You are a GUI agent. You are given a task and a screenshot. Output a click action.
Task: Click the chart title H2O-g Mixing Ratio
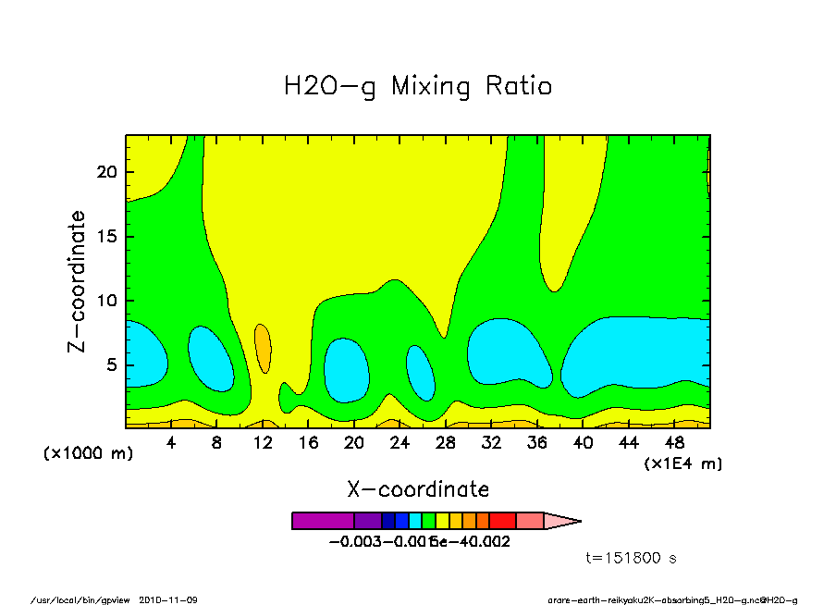(418, 87)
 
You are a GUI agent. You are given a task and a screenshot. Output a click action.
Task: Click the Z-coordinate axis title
(77, 281)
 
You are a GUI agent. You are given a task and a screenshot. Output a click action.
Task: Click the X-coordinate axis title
(418, 489)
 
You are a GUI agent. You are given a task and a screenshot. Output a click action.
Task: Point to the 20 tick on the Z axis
(109, 172)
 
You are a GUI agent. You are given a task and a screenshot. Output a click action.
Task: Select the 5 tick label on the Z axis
(114, 364)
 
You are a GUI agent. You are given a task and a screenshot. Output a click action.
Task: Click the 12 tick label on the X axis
(263, 443)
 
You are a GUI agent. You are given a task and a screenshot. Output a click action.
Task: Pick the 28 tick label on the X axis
(446, 443)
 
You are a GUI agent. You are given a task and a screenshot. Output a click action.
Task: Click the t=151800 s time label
(633, 558)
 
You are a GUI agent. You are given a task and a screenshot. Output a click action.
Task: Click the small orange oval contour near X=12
(263, 347)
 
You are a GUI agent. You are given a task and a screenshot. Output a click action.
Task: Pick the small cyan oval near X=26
(421, 372)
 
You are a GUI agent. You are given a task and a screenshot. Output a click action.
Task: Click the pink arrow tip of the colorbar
(560, 521)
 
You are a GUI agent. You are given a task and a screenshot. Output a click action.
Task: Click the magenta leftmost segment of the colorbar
(323, 521)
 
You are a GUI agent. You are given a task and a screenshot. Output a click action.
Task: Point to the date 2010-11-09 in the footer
(168, 599)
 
